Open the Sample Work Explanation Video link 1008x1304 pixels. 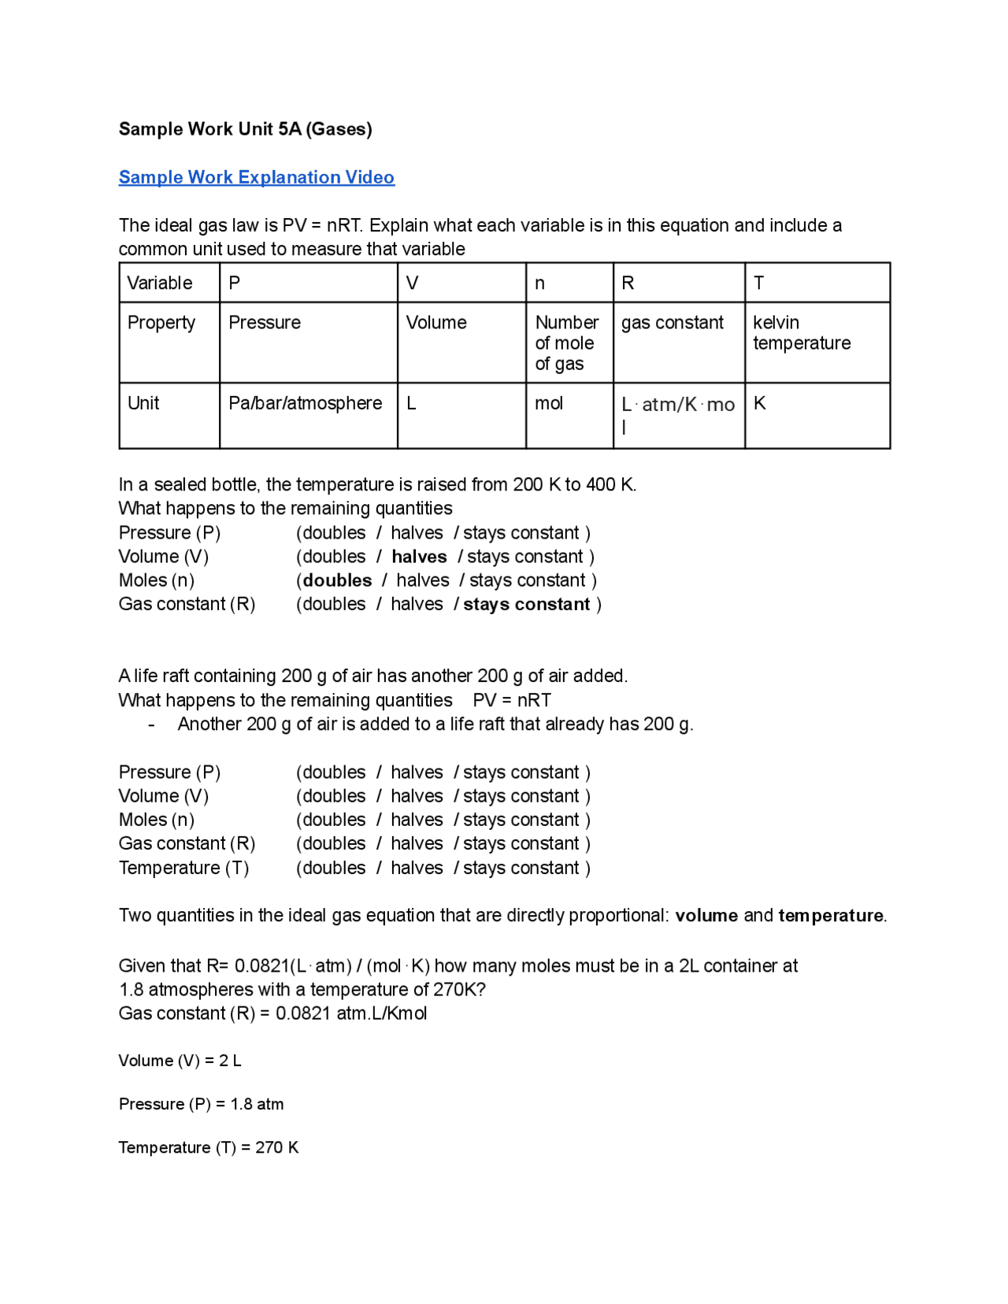click(256, 177)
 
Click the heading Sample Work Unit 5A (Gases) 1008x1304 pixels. click(245, 129)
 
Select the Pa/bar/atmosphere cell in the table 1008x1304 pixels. click(305, 403)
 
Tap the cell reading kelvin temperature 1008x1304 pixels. click(801, 333)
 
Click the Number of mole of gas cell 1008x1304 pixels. click(566, 343)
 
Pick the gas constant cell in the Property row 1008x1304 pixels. click(672, 323)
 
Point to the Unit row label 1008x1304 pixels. click(143, 403)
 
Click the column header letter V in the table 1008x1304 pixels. click(412, 283)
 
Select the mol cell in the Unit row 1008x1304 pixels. click(549, 403)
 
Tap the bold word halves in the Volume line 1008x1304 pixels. click(419, 557)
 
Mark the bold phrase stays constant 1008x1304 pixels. click(526, 604)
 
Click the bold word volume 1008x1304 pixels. click(706, 915)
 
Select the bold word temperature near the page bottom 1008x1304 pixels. click(830, 915)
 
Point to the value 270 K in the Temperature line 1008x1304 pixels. click(276, 1147)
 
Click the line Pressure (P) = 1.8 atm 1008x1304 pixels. click(201, 1104)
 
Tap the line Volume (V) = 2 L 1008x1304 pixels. click(180, 1061)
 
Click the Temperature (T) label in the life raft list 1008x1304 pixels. click(183, 868)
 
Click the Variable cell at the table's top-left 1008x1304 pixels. click(160, 283)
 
